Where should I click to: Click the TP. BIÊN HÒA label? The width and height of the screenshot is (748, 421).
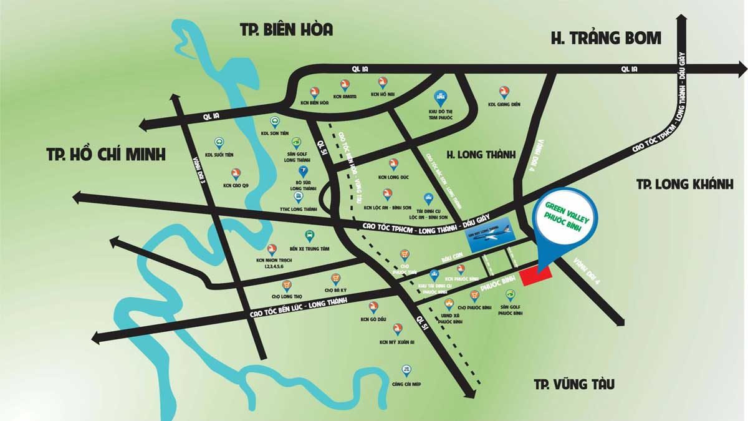click(x=287, y=29)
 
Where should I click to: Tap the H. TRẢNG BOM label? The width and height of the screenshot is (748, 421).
click(x=605, y=37)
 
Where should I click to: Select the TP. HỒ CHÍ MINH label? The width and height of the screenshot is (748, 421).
click(x=106, y=154)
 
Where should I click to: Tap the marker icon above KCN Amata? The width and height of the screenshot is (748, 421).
click(x=345, y=84)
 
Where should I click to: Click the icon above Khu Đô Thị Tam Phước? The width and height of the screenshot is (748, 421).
click(x=439, y=97)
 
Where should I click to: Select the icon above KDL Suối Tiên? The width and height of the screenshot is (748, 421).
click(x=219, y=142)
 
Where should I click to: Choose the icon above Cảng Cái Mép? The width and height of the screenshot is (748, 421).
click(x=407, y=371)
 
